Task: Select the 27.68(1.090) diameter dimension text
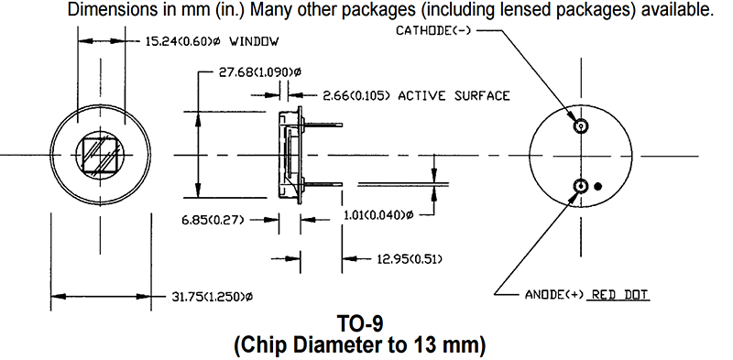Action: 259,72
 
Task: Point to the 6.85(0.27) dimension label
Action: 213,219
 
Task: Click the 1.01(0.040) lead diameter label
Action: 378,215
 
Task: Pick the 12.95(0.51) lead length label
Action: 410,258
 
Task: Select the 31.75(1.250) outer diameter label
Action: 211,297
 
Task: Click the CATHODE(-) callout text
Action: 433,31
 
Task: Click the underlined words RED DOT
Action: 619,295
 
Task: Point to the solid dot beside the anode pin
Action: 597,187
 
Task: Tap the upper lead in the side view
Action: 323,125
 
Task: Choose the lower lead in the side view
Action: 323,185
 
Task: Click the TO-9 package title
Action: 360,323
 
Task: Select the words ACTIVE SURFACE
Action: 454,96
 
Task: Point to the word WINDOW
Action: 255,41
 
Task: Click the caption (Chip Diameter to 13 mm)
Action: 360,345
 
